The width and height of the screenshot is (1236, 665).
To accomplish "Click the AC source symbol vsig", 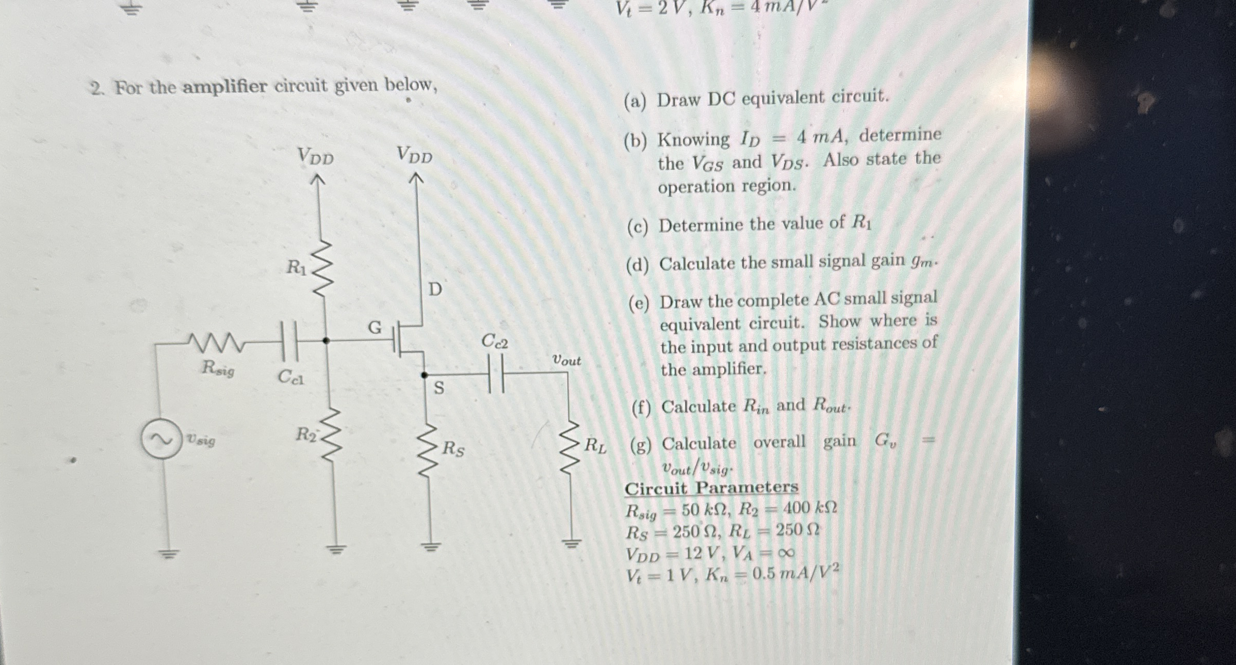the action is pyautogui.click(x=161, y=439).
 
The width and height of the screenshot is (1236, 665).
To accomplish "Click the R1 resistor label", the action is pyautogui.click(x=297, y=268).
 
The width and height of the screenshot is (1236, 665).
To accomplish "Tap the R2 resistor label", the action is pyautogui.click(x=306, y=435).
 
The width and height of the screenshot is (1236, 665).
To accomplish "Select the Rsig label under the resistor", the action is pyautogui.click(x=218, y=368).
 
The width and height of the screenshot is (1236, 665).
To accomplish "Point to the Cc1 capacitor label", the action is pyautogui.click(x=291, y=378).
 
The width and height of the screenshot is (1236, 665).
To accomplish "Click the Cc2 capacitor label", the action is pyautogui.click(x=495, y=341).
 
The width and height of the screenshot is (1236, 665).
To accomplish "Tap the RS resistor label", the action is pyautogui.click(x=453, y=449).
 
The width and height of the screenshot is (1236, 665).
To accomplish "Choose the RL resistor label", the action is pyautogui.click(x=595, y=445).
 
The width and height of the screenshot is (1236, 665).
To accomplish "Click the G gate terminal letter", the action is pyautogui.click(x=375, y=327).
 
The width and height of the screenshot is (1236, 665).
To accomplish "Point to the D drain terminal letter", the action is pyautogui.click(x=435, y=289).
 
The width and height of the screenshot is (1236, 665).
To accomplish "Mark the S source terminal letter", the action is pyautogui.click(x=438, y=388).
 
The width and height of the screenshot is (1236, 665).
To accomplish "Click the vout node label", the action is pyautogui.click(x=566, y=360).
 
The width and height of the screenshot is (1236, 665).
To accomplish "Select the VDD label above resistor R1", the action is pyautogui.click(x=315, y=156).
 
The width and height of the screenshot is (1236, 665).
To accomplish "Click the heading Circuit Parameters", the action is pyautogui.click(x=711, y=488).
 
